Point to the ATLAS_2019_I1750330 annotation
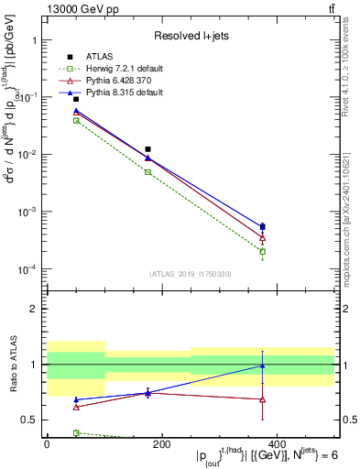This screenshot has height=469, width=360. tap(190, 274)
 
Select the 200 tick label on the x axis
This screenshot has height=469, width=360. tap(161, 444)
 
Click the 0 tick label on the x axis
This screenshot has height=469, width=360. tap(47, 444)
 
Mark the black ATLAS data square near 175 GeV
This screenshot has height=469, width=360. tap(147, 148)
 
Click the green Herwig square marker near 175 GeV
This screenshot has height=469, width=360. tap(147, 172)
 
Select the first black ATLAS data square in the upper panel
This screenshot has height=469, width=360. tap(50, 98)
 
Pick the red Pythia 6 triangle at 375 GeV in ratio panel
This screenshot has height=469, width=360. tap(263, 399)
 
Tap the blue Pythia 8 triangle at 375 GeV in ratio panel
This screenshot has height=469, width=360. tap(263, 366)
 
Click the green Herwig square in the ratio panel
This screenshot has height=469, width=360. tap(50, 432)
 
